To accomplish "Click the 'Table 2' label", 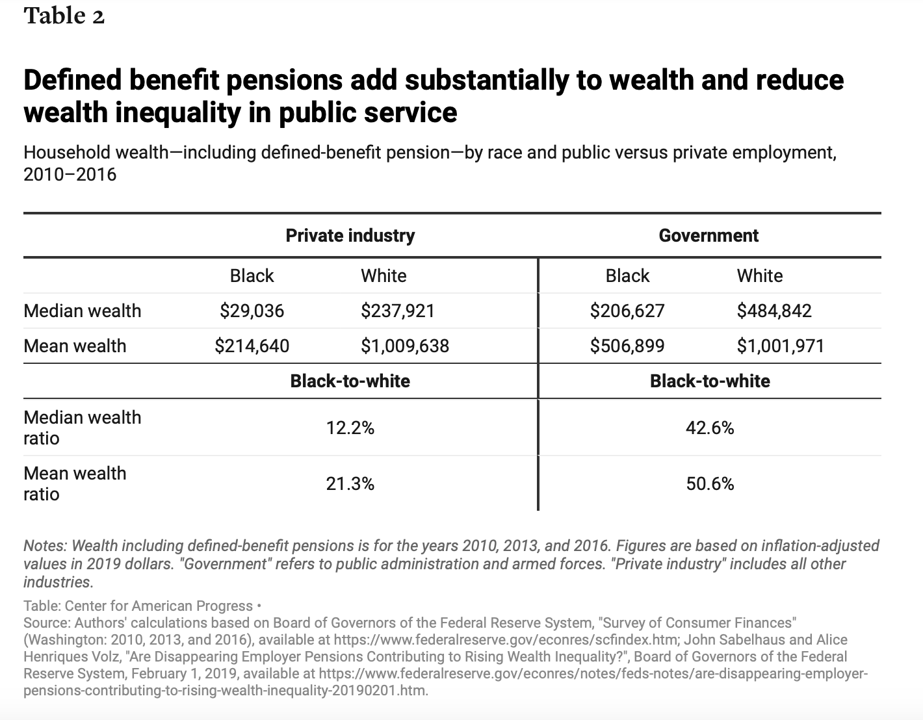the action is [x=64, y=16].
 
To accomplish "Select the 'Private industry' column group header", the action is [x=350, y=236].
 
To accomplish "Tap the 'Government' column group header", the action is [x=708, y=236].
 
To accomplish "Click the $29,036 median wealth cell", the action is [x=252, y=311].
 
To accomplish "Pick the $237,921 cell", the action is [x=398, y=311].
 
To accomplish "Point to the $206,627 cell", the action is [x=627, y=311].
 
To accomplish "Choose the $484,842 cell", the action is [x=774, y=311].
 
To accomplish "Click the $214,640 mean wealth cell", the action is [x=252, y=346].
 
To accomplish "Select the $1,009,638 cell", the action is [x=405, y=346].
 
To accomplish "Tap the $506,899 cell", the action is [x=627, y=346].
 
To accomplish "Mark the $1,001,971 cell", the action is [x=781, y=346].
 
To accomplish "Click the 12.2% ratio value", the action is [x=350, y=428].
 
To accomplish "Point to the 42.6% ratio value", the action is [x=710, y=428].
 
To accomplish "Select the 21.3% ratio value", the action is [x=350, y=484].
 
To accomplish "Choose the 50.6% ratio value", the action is [x=710, y=484].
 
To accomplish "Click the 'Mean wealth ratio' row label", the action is [x=75, y=483].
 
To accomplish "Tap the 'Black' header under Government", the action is [x=627, y=276].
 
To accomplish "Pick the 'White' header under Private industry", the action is [x=383, y=276].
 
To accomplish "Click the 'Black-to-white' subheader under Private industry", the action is [x=350, y=381].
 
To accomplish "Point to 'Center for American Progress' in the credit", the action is [x=159, y=606].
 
